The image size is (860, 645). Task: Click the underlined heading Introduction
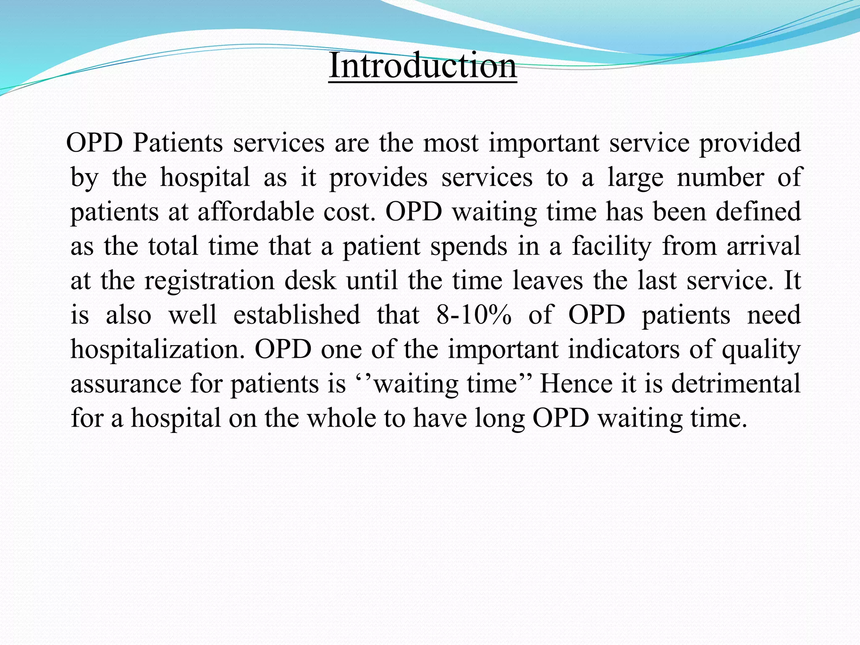point(422,66)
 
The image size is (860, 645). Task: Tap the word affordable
point(256,212)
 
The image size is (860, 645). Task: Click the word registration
point(209,281)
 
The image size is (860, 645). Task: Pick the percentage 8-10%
point(474,315)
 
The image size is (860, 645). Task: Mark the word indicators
point(624,349)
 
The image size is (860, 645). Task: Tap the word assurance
point(126,384)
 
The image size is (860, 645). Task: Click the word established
point(296,315)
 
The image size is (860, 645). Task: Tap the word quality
point(761,349)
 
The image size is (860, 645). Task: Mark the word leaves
point(548,281)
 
